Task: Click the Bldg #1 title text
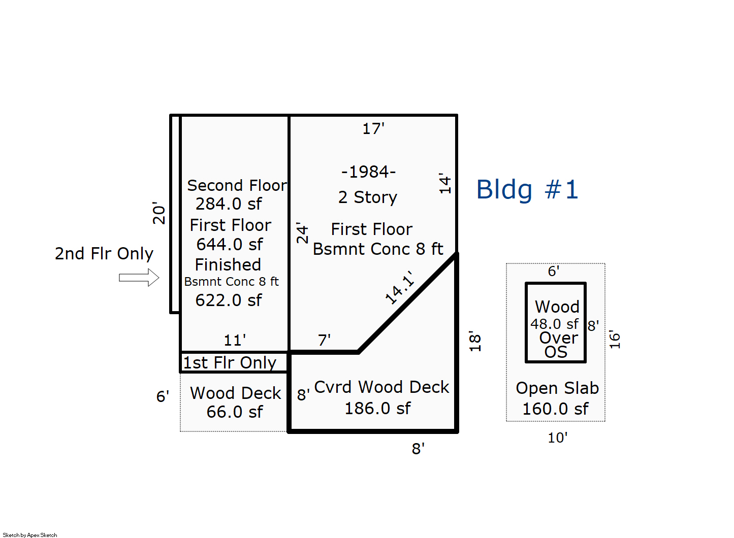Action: pos(527,190)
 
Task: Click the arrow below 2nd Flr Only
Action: pos(139,278)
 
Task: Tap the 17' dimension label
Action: pos(373,129)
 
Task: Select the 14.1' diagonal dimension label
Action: pos(400,288)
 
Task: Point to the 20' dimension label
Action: pos(159,213)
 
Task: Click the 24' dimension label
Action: pos(302,232)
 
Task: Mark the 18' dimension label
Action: pos(474,341)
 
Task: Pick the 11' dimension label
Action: pos(235,340)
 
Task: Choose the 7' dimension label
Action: pos(324,340)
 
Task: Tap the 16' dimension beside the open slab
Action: pos(615,340)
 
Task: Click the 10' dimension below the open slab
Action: pos(557,438)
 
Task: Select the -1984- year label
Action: pos(368,172)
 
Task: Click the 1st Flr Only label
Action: pos(230,363)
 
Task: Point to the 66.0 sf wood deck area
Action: pos(234,412)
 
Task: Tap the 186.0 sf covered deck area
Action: pos(377,409)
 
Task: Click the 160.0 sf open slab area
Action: pos(555,409)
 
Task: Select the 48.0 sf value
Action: pos(554,324)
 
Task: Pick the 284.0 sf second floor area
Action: pos(229,204)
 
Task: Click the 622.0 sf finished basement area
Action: pos(229,300)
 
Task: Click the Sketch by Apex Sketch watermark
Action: pos(30,535)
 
